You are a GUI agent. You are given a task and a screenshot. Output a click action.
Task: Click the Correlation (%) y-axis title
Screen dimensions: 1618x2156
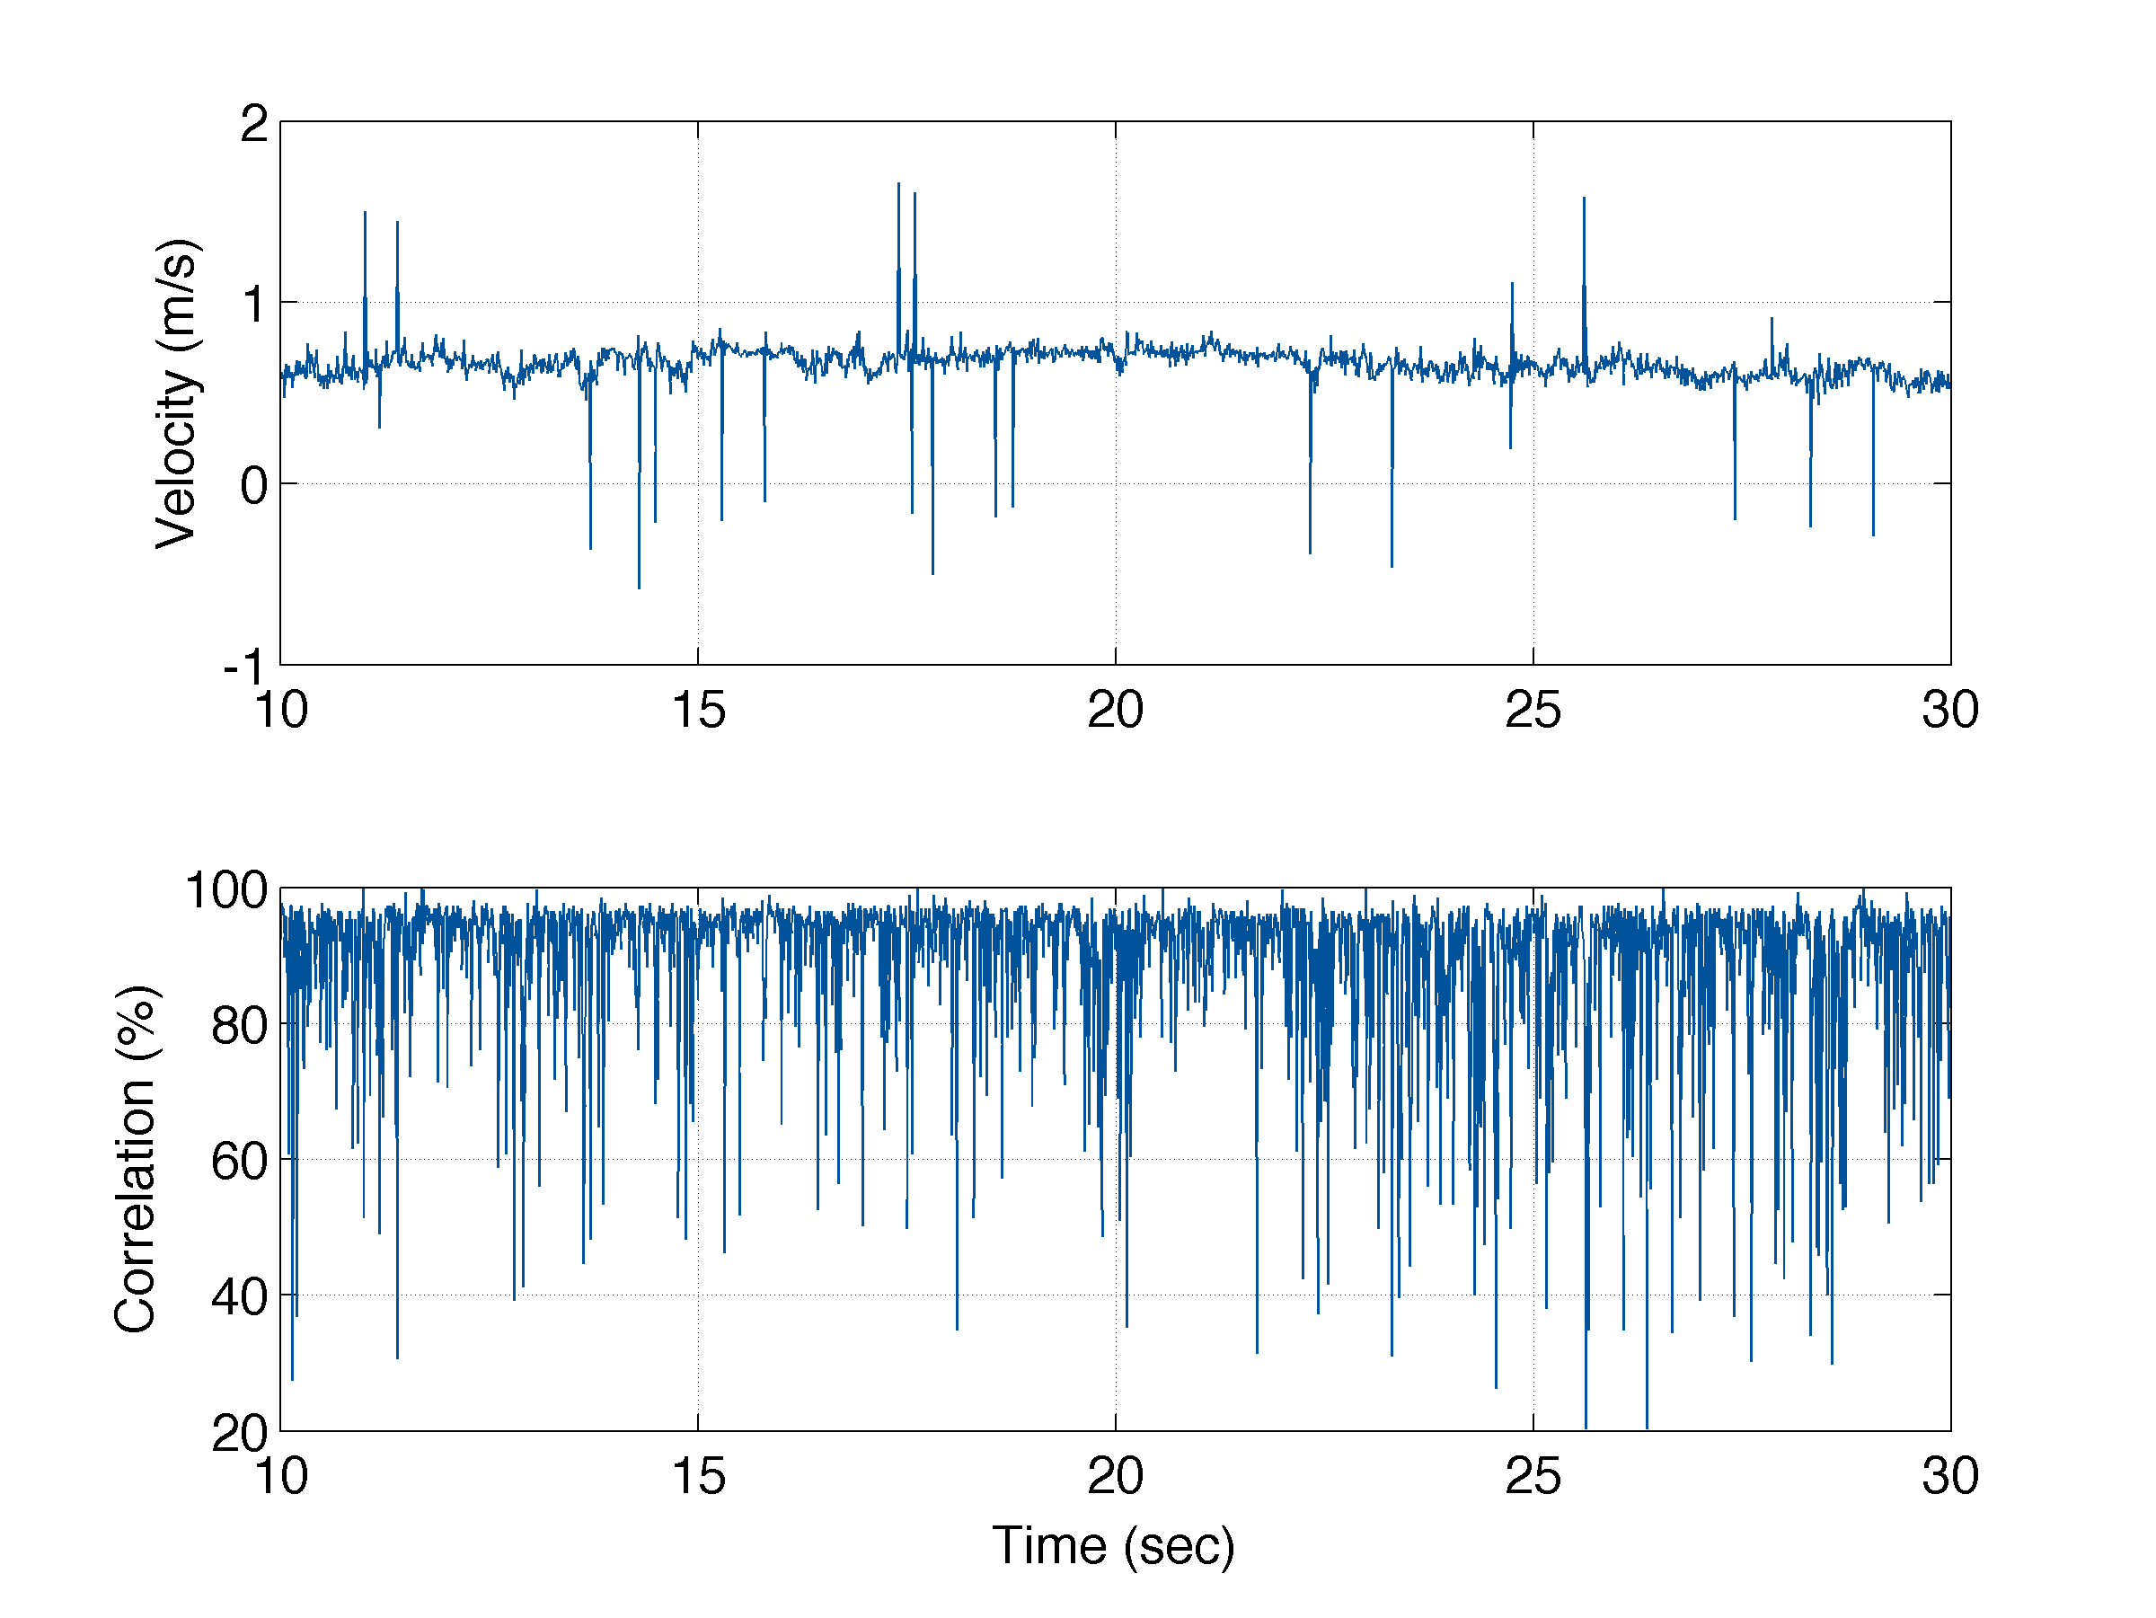136,1159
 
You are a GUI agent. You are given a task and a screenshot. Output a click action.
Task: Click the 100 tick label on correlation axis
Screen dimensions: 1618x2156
226,890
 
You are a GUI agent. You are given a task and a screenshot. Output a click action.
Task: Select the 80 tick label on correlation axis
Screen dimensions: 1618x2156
239,1025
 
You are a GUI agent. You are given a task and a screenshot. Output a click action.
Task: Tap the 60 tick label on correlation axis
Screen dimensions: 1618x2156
239,1161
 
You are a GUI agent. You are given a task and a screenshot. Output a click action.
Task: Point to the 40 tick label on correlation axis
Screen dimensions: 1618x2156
239,1296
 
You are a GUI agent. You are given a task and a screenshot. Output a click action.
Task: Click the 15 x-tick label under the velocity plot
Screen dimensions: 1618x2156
698,710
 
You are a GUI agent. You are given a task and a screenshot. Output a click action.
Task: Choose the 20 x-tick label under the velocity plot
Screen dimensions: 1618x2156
1115,710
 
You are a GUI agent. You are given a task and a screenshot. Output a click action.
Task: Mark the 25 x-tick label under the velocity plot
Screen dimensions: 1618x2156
1533,710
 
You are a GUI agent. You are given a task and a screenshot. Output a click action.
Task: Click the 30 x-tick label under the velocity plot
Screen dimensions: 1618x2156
1949,710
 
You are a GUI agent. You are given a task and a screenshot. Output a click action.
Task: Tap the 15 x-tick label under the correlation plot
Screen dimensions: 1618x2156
698,1476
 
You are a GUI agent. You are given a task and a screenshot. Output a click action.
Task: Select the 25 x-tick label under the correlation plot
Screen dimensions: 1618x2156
1533,1476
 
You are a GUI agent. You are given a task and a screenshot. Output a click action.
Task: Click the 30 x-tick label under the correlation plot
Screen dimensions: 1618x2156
1949,1476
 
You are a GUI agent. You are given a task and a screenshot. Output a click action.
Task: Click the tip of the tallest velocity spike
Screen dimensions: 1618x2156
898,183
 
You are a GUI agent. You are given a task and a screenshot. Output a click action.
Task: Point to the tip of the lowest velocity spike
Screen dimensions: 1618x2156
640,588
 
